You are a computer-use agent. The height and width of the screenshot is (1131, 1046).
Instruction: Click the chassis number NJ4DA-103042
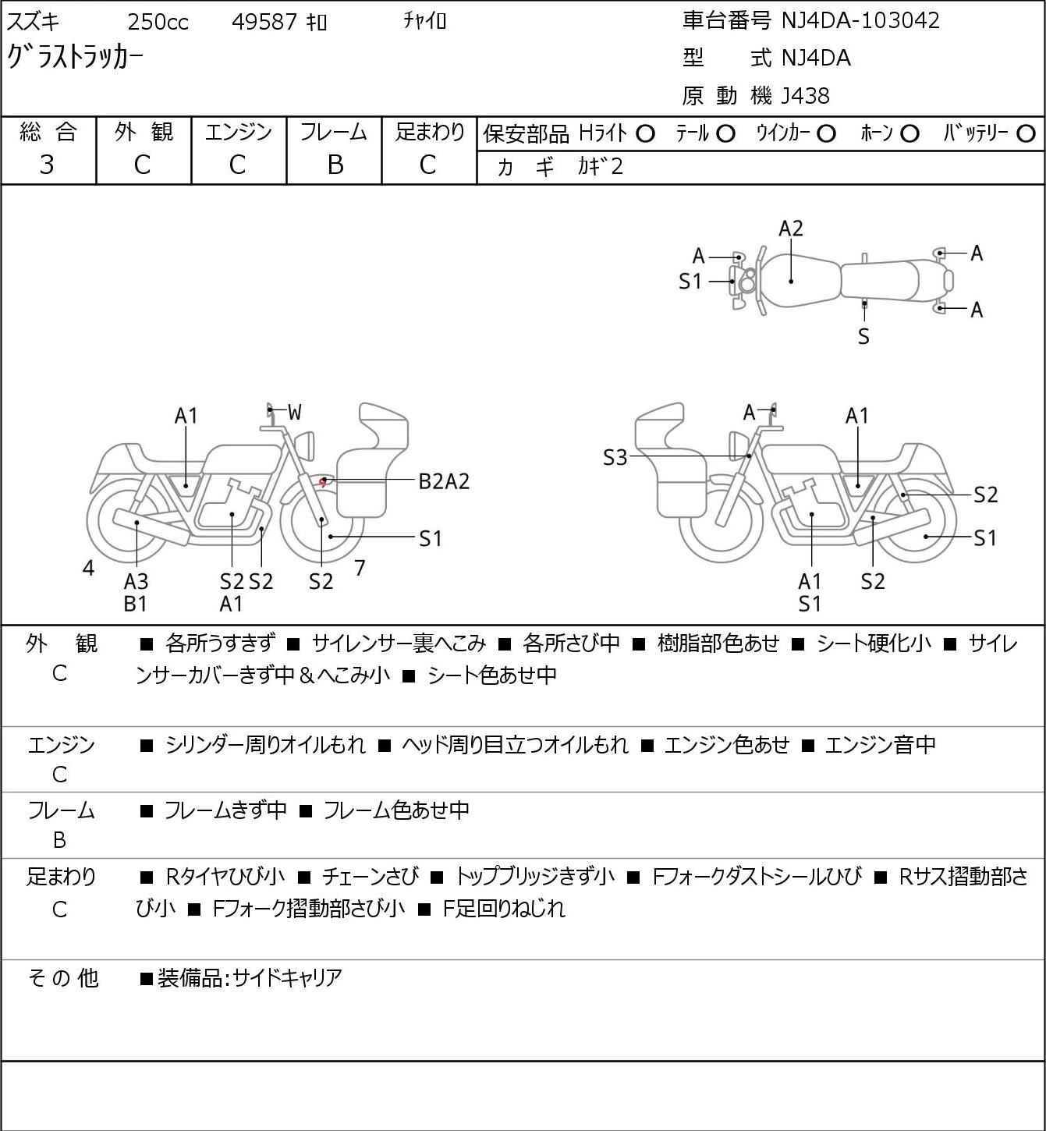(860, 20)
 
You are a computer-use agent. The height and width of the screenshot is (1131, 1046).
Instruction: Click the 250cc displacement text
(158, 22)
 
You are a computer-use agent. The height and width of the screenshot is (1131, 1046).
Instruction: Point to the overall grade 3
(47, 165)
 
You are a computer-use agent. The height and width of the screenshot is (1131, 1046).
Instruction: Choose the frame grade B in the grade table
(335, 165)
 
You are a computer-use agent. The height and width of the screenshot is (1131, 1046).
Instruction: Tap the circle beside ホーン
(909, 134)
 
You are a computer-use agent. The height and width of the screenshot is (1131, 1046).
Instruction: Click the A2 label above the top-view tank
(791, 229)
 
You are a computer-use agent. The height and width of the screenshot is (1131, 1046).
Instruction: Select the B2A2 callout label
(444, 481)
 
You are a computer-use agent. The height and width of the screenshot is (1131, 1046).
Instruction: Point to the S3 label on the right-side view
(615, 458)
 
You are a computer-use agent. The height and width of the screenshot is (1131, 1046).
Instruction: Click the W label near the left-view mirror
(294, 413)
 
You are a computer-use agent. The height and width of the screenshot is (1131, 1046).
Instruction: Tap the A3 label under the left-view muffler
(136, 581)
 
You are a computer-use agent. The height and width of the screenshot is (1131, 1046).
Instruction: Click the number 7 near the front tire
(360, 568)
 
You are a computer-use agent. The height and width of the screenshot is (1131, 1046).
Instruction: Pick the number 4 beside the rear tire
(88, 569)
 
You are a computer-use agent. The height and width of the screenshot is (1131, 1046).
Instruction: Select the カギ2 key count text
(601, 166)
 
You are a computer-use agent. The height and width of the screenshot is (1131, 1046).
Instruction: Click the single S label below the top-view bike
(863, 336)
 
